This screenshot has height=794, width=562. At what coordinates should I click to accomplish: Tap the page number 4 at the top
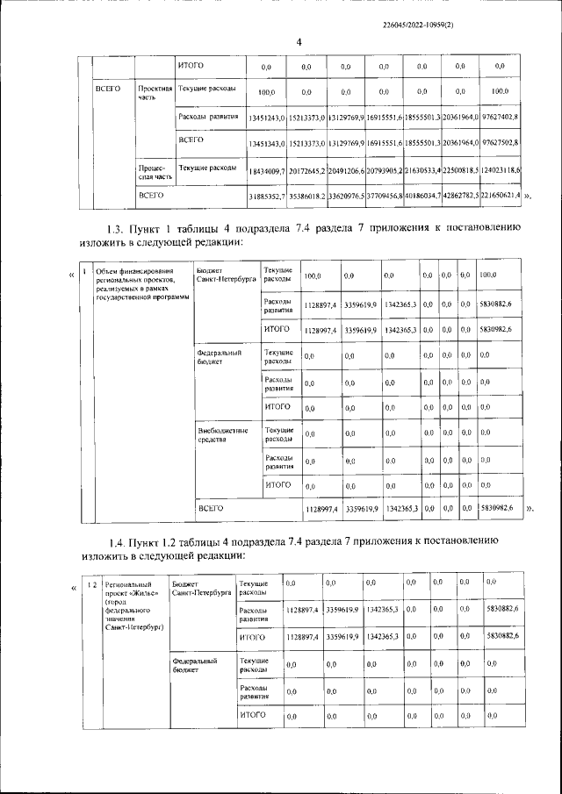[x=298, y=42]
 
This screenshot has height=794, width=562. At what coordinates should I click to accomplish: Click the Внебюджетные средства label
[x=223, y=435]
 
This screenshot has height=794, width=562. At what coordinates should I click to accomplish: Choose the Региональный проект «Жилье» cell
[x=133, y=605]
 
